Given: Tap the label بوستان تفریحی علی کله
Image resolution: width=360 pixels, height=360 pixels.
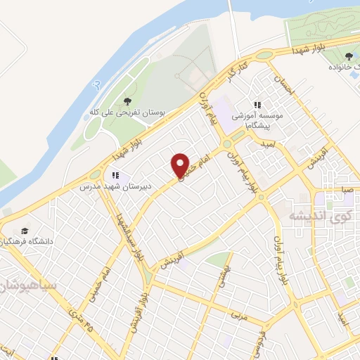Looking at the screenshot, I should [127, 112].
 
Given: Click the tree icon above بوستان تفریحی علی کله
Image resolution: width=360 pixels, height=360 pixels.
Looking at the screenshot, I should [127, 102].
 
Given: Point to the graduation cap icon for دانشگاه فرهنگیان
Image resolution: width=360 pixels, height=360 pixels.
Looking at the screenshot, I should [25, 231].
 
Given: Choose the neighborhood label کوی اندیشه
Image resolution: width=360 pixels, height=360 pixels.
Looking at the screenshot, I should [314, 215].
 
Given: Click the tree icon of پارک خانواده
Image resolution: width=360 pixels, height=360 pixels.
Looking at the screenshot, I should [349, 56].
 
